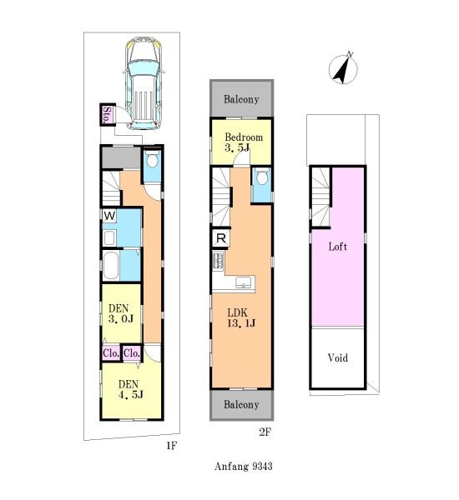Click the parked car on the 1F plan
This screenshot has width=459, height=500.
[x=144, y=83]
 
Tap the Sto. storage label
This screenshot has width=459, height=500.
[x=108, y=115]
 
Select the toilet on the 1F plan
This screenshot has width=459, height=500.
[x=152, y=159]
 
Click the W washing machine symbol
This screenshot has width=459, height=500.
[x=109, y=216]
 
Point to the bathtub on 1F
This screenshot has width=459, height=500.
[x=111, y=266]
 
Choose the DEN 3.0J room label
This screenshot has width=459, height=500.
[x=120, y=313]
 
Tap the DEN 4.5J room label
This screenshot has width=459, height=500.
[x=130, y=389]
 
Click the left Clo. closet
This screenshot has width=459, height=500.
[x=111, y=353]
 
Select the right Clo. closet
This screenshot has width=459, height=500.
[x=132, y=353]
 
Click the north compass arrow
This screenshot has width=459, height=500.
[x=343, y=68]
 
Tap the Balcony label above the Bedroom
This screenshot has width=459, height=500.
[x=241, y=99]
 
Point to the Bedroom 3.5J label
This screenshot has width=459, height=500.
[x=244, y=142]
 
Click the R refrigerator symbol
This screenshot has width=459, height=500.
[x=220, y=237]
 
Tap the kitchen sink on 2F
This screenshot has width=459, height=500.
[x=243, y=282]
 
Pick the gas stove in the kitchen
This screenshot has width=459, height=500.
[x=219, y=260]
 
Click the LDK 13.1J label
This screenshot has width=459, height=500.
[x=241, y=318]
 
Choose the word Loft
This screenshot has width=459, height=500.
[x=338, y=247]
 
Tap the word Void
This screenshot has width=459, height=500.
[x=338, y=357]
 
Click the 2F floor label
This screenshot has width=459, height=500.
[x=265, y=432]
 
